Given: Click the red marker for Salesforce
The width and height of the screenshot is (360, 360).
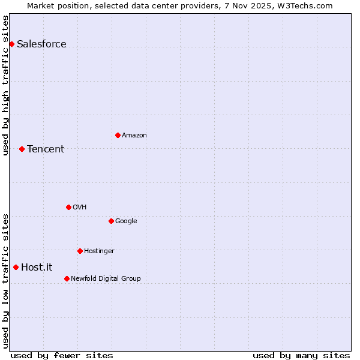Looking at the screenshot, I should [x=11, y=44].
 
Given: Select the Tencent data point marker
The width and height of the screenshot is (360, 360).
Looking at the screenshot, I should [x=22, y=149].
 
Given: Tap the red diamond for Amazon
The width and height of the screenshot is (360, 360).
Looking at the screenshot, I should [x=118, y=135].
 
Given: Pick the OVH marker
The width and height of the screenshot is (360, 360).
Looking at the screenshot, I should [x=68, y=207].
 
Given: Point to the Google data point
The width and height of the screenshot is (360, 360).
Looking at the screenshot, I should [x=111, y=221].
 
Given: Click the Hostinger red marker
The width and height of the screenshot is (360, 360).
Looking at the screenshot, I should [x=80, y=251].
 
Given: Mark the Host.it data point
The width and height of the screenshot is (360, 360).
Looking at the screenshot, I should [x=16, y=267].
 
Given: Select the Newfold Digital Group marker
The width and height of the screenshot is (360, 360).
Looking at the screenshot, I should [x=67, y=278].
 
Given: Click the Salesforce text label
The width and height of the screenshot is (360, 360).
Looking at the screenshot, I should [x=41, y=44].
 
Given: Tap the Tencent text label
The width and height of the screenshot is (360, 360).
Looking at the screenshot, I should [x=46, y=149].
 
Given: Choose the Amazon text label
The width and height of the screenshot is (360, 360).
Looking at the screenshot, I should [x=134, y=136].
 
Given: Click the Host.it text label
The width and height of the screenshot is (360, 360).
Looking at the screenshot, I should [x=37, y=268].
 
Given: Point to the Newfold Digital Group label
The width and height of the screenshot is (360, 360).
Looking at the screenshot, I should [x=106, y=278].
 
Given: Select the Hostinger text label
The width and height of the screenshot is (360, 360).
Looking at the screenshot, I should [x=99, y=251].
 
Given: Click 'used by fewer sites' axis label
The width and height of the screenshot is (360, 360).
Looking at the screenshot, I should [x=62, y=355].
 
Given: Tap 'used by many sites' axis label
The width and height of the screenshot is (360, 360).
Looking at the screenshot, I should [x=301, y=355].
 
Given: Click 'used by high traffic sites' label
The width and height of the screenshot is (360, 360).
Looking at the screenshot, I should [x=5, y=85].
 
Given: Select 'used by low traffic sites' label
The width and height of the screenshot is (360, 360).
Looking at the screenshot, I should [x=5, y=281].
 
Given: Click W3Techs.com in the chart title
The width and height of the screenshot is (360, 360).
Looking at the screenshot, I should [x=305, y=5].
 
